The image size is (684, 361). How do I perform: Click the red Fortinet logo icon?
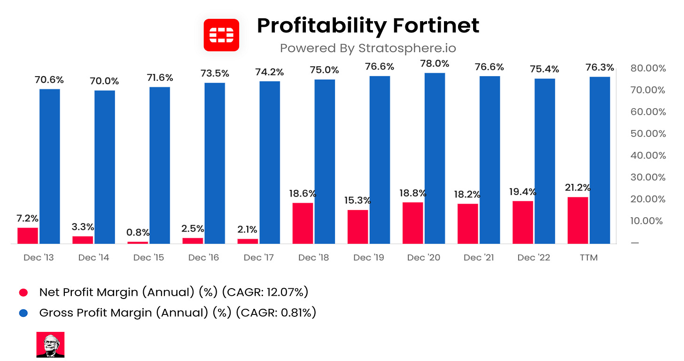point(221,35)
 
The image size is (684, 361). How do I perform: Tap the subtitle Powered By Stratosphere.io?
point(368,48)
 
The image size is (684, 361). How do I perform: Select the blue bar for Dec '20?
point(435,158)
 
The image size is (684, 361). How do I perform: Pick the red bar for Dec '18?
point(303,223)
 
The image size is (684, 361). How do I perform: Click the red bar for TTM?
point(577,220)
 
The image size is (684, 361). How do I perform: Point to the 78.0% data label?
point(435,63)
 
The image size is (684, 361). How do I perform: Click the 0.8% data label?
point(138,232)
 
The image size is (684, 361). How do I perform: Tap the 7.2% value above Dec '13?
point(28,218)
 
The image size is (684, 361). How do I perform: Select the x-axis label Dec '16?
point(203,258)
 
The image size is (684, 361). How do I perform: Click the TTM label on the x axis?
point(589,258)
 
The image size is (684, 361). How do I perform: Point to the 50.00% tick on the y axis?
point(648,133)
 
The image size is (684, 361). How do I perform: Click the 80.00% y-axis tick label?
point(648,68)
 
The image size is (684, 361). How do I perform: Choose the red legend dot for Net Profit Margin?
point(23,292)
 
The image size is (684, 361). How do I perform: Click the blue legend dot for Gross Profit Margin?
point(23,313)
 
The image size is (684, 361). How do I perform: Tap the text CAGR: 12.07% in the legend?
point(267,292)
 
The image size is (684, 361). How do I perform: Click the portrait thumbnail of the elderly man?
point(50,345)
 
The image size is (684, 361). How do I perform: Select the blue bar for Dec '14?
point(105,167)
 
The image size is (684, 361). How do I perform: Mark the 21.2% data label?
point(578,188)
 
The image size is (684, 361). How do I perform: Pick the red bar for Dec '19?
point(358,227)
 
